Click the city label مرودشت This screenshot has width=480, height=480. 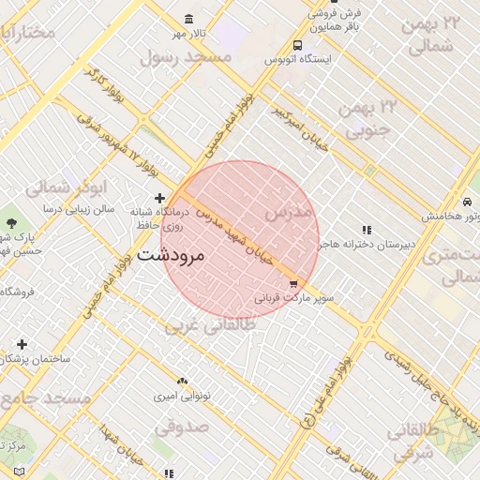click(176, 254)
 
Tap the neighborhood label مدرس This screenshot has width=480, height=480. click(287, 213)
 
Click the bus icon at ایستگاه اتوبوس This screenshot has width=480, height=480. click(297, 45)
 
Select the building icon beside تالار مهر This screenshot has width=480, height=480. click(189, 20)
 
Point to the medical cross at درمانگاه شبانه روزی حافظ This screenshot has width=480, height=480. click(160, 198)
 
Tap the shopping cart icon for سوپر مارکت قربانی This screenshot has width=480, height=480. click(293, 284)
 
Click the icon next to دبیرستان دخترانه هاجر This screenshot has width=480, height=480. click(367, 230)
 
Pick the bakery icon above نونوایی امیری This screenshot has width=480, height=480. click(182, 382)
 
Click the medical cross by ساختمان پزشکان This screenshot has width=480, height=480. click(22, 344)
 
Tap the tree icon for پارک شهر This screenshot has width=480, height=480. click(11, 223)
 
